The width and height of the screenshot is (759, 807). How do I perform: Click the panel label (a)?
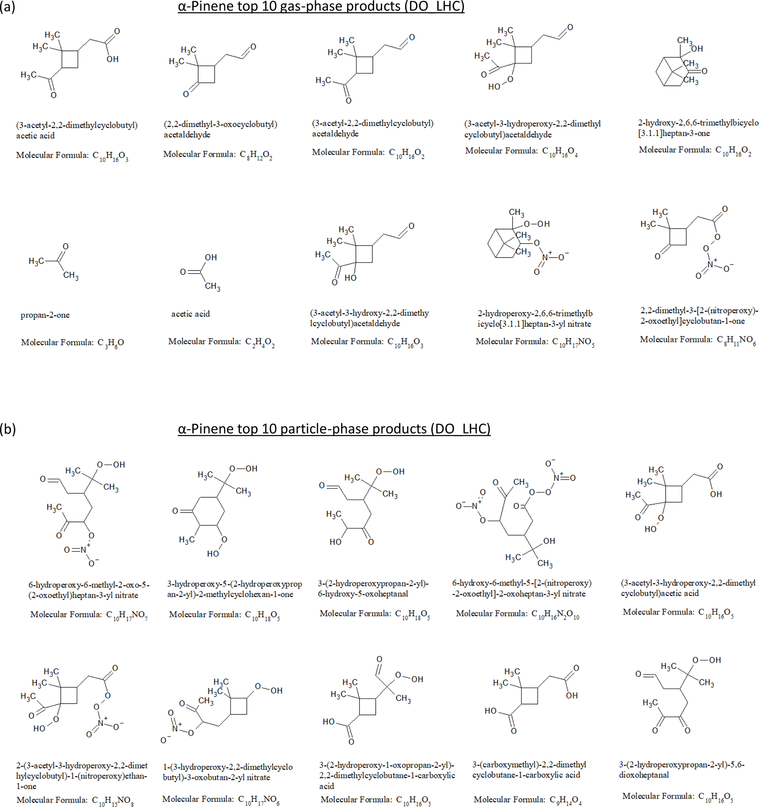(x=8, y=7)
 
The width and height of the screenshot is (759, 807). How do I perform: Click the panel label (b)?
(x=8, y=429)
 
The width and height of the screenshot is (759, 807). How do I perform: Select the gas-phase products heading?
(x=321, y=7)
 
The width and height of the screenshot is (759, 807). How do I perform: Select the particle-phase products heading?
(x=334, y=429)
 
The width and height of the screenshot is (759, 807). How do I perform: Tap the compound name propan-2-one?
(x=45, y=315)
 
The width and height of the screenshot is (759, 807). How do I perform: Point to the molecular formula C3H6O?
(x=73, y=343)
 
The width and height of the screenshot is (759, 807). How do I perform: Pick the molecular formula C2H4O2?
(x=222, y=342)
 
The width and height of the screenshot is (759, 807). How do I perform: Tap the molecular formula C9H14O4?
(x=528, y=800)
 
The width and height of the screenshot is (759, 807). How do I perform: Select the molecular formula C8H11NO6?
(x=698, y=340)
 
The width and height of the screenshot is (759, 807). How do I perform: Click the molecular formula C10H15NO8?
(x=75, y=800)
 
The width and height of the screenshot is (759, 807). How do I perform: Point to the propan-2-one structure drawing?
(x=54, y=262)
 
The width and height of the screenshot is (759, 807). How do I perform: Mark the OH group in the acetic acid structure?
(x=211, y=257)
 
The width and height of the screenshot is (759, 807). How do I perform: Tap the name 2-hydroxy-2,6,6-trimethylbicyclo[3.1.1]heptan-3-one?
(x=698, y=128)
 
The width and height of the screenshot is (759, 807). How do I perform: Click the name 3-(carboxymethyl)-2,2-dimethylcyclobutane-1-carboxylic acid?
(x=529, y=770)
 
